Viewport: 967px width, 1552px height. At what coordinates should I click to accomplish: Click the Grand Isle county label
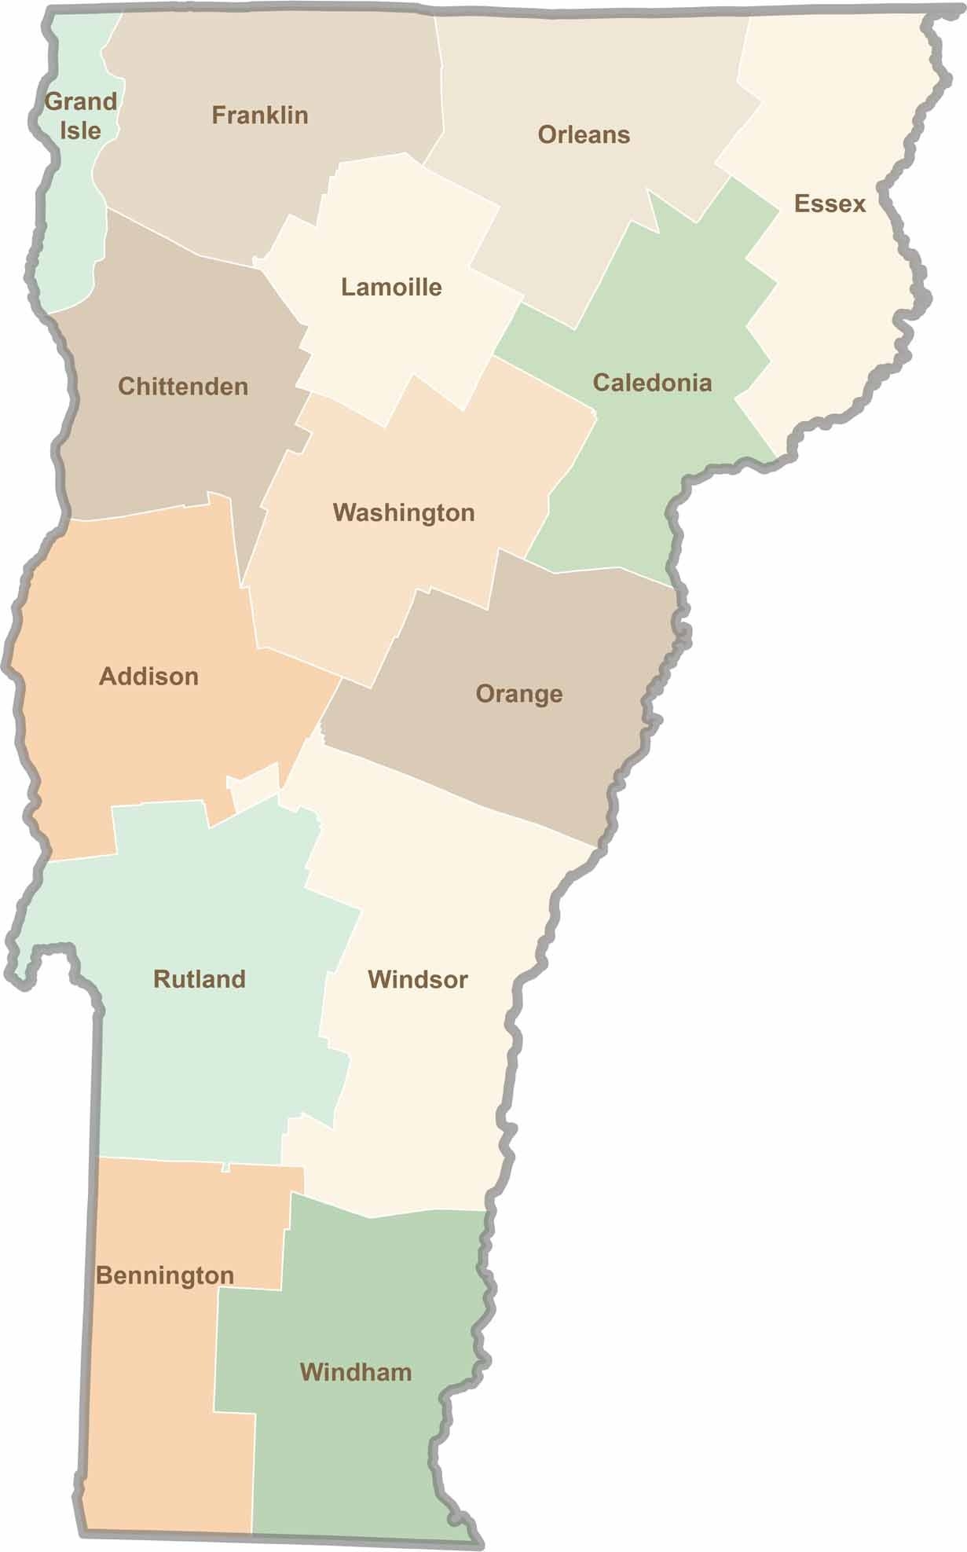click(x=81, y=115)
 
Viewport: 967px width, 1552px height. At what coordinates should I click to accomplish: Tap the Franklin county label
click(x=260, y=116)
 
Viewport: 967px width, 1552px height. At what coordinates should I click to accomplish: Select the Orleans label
click(x=584, y=135)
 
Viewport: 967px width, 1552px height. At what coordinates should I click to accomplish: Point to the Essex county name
click(x=830, y=204)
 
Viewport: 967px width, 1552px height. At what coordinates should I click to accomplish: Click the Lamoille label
click(x=391, y=288)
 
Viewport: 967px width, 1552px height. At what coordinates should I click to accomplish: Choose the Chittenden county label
click(x=183, y=387)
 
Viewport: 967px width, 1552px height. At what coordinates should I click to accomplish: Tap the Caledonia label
click(x=652, y=383)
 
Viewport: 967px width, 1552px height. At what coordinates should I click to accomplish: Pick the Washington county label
click(x=404, y=513)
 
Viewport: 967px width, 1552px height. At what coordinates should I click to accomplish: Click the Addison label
click(x=148, y=677)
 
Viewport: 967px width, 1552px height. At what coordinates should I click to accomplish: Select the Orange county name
click(x=519, y=695)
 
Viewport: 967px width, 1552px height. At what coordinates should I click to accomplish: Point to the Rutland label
click(x=200, y=979)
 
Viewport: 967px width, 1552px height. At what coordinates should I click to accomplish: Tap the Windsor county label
click(x=418, y=980)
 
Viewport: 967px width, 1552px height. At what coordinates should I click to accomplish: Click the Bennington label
click(x=165, y=1276)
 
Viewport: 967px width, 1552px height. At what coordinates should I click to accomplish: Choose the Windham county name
click(x=356, y=1373)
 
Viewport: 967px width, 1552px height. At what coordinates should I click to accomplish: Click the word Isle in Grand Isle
click(x=81, y=130)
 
